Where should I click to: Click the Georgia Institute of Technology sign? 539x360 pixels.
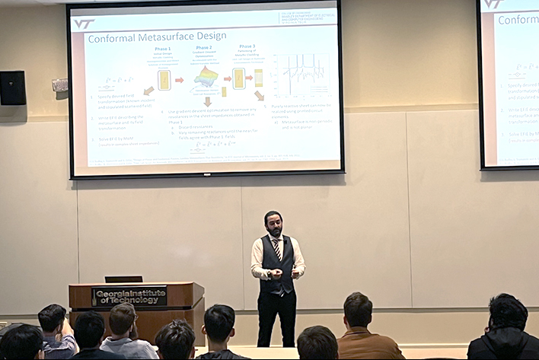tap(129, 296)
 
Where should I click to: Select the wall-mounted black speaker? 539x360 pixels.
tap(13, 88)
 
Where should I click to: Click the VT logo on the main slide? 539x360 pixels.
tap(84, 24)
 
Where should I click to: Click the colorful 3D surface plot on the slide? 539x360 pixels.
tap(206, 78)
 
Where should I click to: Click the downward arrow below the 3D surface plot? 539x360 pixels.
tap(207, 101)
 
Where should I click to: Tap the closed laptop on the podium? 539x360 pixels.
tap(123, 279)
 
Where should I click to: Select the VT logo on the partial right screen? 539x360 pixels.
tap(493, 4)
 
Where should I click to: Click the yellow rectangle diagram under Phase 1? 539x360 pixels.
tap(164, 79)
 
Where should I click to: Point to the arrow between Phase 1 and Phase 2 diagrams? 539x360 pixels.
tap(180, 79)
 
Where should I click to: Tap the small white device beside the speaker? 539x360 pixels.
tap(60, 85)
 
